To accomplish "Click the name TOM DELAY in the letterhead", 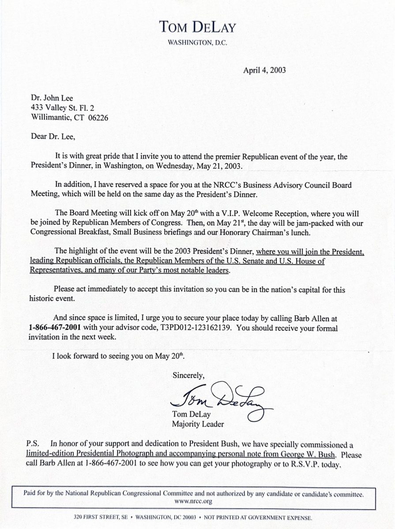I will pyautogui.click(x=198, y=28).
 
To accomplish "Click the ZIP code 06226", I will pyautogui.click(x=98, y=118).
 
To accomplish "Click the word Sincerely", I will pyautogui.click(x=188, y=376).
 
